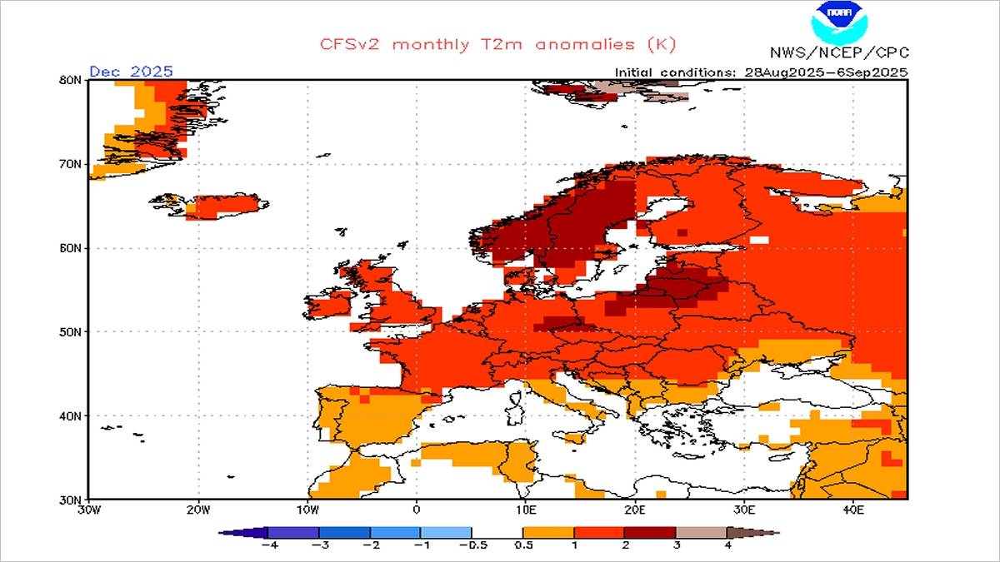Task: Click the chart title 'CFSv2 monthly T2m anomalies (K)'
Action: pyautogui.click(x=498, y=43)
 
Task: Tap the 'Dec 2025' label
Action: pyautogui.click(x=131, y=71)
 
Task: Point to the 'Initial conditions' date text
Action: pyautogui.click(x=761, y=72)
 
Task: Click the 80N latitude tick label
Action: pyautogui.click(x=71, y=80)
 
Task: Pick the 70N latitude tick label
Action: pyautogui.click(x=71, y=164)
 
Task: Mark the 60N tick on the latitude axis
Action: pyautogui.click(x=71, y=248)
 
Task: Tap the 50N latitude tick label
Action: pyautogui.click(x=71, y=331)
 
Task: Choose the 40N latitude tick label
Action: pyautogui.click(x=71, y=415)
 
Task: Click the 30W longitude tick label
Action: pyautogui.click(x=88, y=510)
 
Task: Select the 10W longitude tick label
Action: pyautogui.click(x=307, y=510)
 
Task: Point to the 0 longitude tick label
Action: pyautogui.click(x=417, y=510)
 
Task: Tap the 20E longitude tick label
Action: pyautogui.click(x=634, y=510)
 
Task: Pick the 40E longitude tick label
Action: pyautogui.click(x=852, y=510)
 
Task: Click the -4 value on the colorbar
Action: pyautogui.click(x=268, y=546)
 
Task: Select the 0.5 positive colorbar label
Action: pyautogui.click(x=522, y=546)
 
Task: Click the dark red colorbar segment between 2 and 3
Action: pyautogui.click(x=650, y=532)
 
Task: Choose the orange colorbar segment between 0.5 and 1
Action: pyautogui.click(x=547, y=532)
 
